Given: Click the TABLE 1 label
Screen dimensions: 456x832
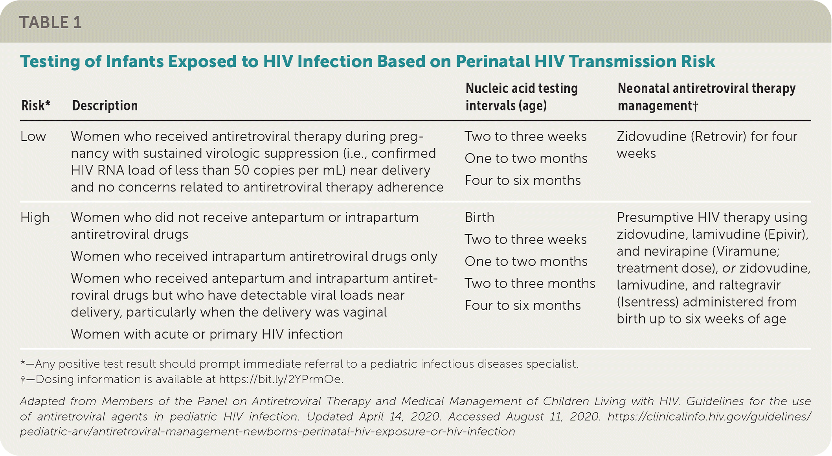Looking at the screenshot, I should point(50,22).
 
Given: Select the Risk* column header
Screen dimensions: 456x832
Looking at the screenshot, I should point(36,106).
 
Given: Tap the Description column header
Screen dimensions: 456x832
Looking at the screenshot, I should point(105,106).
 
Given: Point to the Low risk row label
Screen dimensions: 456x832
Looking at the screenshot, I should point(33,136).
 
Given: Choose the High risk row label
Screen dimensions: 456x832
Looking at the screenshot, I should point(35,217).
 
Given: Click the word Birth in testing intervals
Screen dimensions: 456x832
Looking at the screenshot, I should point(479,217).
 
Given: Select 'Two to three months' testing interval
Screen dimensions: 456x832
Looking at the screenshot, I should point(530,283).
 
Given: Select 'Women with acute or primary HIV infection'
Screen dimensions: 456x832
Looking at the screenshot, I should point(207,334).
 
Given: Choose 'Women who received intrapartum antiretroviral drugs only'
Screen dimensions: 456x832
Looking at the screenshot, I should point(254,256).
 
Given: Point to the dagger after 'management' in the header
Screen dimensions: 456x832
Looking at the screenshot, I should point(695,106).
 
